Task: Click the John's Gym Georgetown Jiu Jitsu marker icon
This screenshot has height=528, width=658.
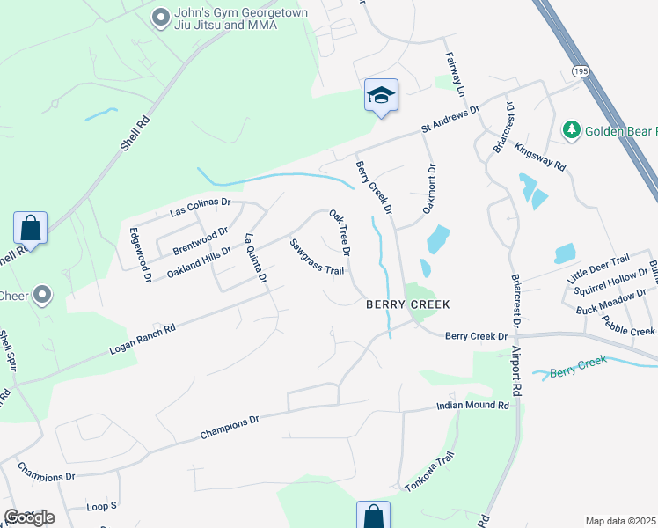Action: point(160,18)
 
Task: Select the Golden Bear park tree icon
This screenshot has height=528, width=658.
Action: point(572,130)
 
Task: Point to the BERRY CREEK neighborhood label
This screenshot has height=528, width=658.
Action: point(408,304)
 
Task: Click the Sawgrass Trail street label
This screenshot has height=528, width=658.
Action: point(317,257)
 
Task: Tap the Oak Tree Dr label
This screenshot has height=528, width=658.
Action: point(340,232)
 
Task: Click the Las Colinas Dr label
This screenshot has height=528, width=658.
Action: point(200,207)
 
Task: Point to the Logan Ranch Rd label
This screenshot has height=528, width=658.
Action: point(143,339)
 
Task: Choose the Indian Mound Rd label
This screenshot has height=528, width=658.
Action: point(473,407)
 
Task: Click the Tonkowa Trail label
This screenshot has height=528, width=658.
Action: point(429,472)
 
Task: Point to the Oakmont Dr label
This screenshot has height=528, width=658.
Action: point(430,189)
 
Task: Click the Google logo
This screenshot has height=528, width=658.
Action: point(29,517)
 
